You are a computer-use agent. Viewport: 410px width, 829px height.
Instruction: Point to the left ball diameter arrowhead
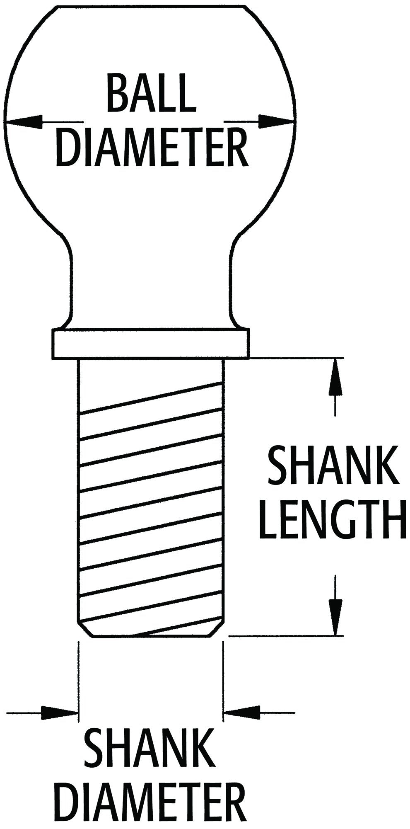click(x=23, y=122)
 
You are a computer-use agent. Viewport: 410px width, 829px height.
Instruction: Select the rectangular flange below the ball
click(x=151, y=344)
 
